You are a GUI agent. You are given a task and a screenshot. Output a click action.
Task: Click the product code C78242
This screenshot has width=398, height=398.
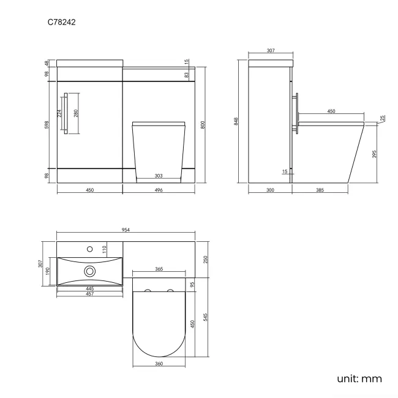(62, 23)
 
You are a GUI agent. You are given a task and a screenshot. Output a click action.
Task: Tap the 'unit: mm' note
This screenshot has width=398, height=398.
(359, 378)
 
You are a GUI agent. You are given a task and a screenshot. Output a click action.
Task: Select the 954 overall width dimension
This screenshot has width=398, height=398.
(126, 230)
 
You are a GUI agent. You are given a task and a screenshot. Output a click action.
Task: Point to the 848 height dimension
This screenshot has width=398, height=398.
(236, 121)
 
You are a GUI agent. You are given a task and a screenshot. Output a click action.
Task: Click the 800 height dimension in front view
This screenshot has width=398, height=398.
(203, 124)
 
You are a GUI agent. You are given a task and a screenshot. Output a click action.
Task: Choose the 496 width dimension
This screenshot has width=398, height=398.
(159, 190)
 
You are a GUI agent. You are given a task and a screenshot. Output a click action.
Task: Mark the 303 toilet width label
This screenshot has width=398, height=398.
(159, 176)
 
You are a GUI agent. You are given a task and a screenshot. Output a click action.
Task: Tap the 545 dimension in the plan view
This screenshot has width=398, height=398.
(206, 317)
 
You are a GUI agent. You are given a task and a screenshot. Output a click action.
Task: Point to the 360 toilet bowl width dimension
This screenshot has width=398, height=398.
(159, 364)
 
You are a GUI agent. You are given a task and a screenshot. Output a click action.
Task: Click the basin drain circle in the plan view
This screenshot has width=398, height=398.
(90, 270)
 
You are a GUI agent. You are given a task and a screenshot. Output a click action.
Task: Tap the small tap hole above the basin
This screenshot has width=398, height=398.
(90, 249)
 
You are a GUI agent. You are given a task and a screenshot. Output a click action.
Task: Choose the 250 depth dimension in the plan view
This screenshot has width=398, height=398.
(206, 259)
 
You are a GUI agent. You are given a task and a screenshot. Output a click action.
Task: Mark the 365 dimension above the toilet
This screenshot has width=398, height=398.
(159, 269)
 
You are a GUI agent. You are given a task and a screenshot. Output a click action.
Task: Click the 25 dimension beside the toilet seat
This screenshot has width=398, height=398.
(382, 118)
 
